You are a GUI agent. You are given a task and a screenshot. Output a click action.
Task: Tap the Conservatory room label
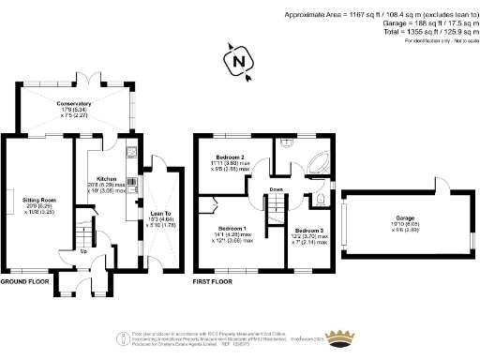(x=74, y=104)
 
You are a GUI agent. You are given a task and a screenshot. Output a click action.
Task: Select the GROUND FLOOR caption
(x=24, y=280)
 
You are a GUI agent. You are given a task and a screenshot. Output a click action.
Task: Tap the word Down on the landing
(x=277, y=190)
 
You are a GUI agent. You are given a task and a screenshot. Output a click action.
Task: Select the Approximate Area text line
(x=379, y=14)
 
